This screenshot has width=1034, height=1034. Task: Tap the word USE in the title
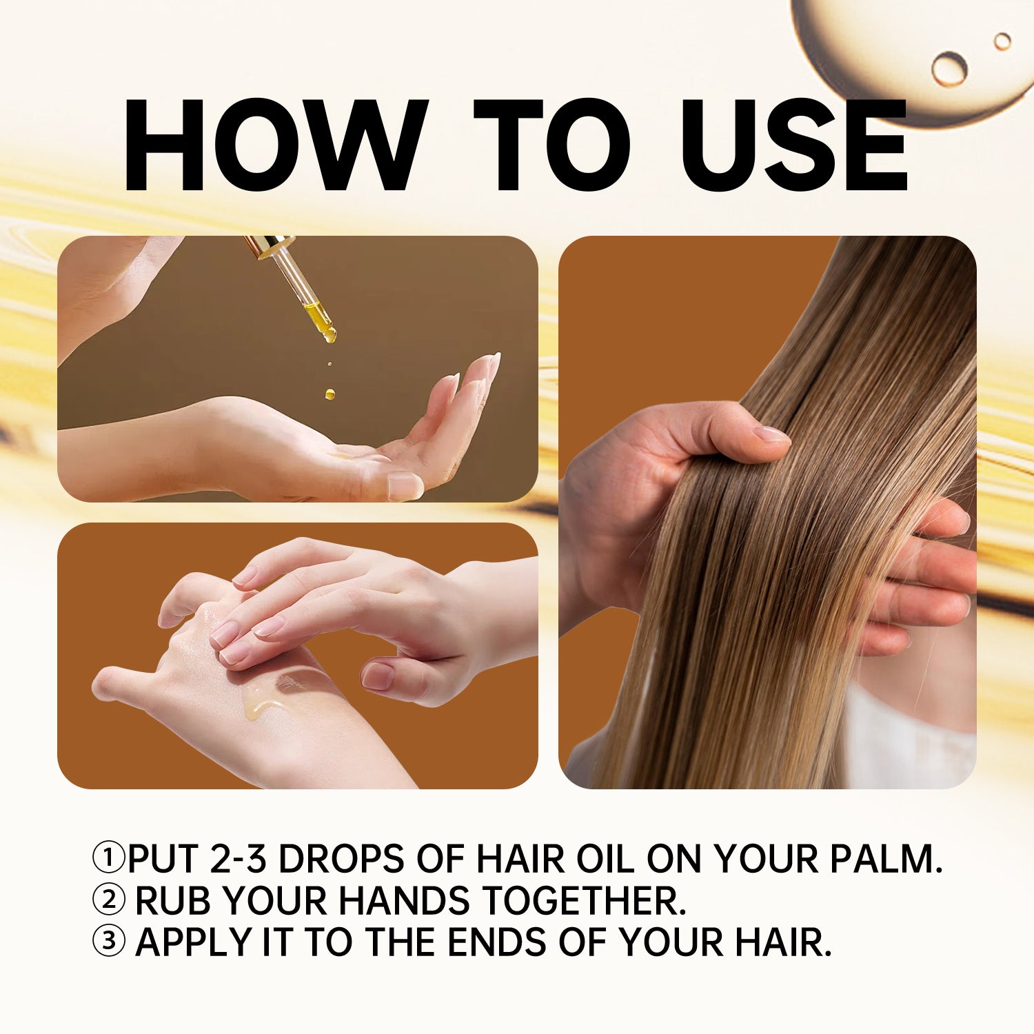click(795, 145)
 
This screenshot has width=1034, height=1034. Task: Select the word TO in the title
click(552, 145)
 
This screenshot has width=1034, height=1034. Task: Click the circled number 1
click(109, 858)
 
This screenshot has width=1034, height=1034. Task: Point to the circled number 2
click(109, 900)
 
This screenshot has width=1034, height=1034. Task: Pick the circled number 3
click(109, 942)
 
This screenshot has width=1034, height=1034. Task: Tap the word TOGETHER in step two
click(584, 900)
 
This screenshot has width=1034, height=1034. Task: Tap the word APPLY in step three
click(194, 942)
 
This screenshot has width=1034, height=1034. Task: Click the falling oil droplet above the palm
click(330, 394)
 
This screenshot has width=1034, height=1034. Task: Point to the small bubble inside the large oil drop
click(949, 69)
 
